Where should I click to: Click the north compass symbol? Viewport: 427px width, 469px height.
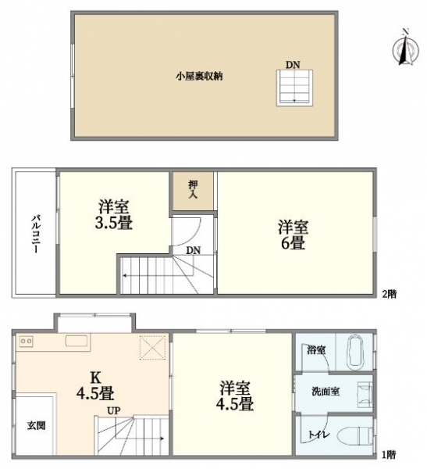pos(405,49)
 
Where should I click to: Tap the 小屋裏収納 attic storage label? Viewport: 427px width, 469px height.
pos(199,77)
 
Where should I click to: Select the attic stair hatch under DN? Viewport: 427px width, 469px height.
pos(294,88)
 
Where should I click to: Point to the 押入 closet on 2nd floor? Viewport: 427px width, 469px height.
pos(193,190)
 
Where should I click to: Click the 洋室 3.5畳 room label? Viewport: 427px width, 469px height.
pos(113,215)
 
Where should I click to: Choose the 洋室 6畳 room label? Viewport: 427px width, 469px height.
pos(293,235)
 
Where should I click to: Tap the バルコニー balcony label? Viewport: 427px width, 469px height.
pos(36,234)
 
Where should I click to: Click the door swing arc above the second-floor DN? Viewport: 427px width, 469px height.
pos(187,233)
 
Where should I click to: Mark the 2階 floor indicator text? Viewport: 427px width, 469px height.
pos(390,294)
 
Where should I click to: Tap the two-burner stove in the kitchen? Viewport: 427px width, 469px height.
pos(26,342)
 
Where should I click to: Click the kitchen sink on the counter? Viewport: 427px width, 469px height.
pos(77,341)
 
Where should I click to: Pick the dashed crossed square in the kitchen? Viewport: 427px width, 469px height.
pos(153,348)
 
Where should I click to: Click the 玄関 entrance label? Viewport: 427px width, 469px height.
pos(37,425)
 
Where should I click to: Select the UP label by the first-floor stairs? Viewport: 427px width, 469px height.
pos(114,410)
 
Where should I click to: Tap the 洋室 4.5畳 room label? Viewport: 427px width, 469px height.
pos(235,396)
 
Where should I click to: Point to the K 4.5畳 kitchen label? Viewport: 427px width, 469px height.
pos(95,385)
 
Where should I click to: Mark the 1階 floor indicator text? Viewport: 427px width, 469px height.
pos(389,455)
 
